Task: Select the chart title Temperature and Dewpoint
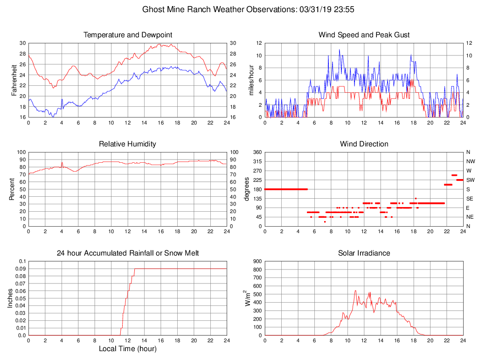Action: [x=128, y=35]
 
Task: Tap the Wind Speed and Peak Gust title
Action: [x=364, y=35]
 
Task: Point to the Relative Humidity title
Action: [x=128, y=144]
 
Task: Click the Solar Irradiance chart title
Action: [x=364, y=253]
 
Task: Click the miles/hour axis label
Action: [x=251, y=80]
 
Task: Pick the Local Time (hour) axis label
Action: [x=128, y=348]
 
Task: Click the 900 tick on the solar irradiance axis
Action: [x=258, y=261]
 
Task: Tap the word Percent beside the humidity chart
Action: [x=12, y=189]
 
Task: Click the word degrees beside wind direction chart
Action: [x=247, y=189]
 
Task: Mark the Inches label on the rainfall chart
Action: [x=10, y=298]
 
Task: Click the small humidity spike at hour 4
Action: [x=62, y=163]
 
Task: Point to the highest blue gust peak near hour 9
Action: [x=339, y=49]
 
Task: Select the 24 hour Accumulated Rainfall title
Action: [x=128, y=253]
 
